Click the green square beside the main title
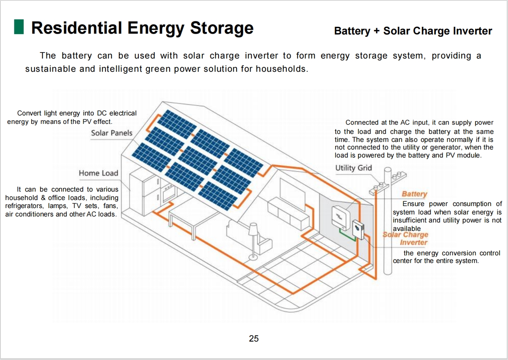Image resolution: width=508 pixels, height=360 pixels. tap(19, 27)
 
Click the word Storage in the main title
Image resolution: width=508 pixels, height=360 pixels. tap(222, 28)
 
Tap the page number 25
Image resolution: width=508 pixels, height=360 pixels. tap(254, 338)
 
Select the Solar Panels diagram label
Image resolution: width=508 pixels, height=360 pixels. tap(111, 133)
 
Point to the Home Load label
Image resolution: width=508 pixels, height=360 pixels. tap(98, 173)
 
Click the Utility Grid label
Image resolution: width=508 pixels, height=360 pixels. tap(354, 168)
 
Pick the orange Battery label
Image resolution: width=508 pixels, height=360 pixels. tap(414, 194)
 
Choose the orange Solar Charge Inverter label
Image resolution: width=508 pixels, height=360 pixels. tap(405, 239)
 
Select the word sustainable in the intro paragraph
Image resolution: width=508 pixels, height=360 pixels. tap(51, 69)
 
